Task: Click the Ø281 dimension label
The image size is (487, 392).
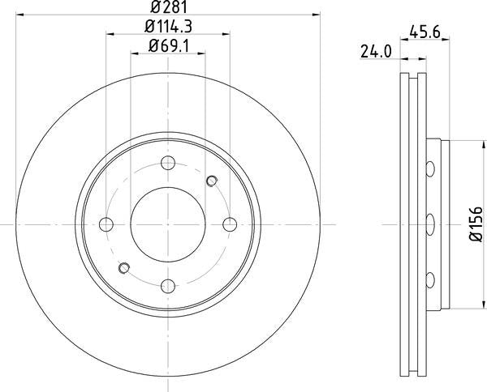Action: pyautogui.click(x=170, y=8)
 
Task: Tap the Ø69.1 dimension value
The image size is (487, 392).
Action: pyautogui.click(x=170, y=47)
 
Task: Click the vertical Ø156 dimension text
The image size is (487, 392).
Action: pyautogui.click(x=476, y=224)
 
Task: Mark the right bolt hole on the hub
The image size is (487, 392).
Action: pyautogui.click(x=230, y=224)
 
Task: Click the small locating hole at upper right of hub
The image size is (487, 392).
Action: pyautogui.click(x=213, y=180)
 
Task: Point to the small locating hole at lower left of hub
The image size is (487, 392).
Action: pyautogui.click(x=124, y=268)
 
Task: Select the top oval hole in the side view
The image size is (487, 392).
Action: pyautogui.click(x=431, y=168)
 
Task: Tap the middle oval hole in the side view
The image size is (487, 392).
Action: pyautogui.click(x=431, y=224)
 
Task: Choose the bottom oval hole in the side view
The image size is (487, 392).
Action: pyautogui.click(x=431, y=280)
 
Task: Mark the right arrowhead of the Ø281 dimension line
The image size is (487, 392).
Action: pyautogui.click(x=318, y=16)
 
